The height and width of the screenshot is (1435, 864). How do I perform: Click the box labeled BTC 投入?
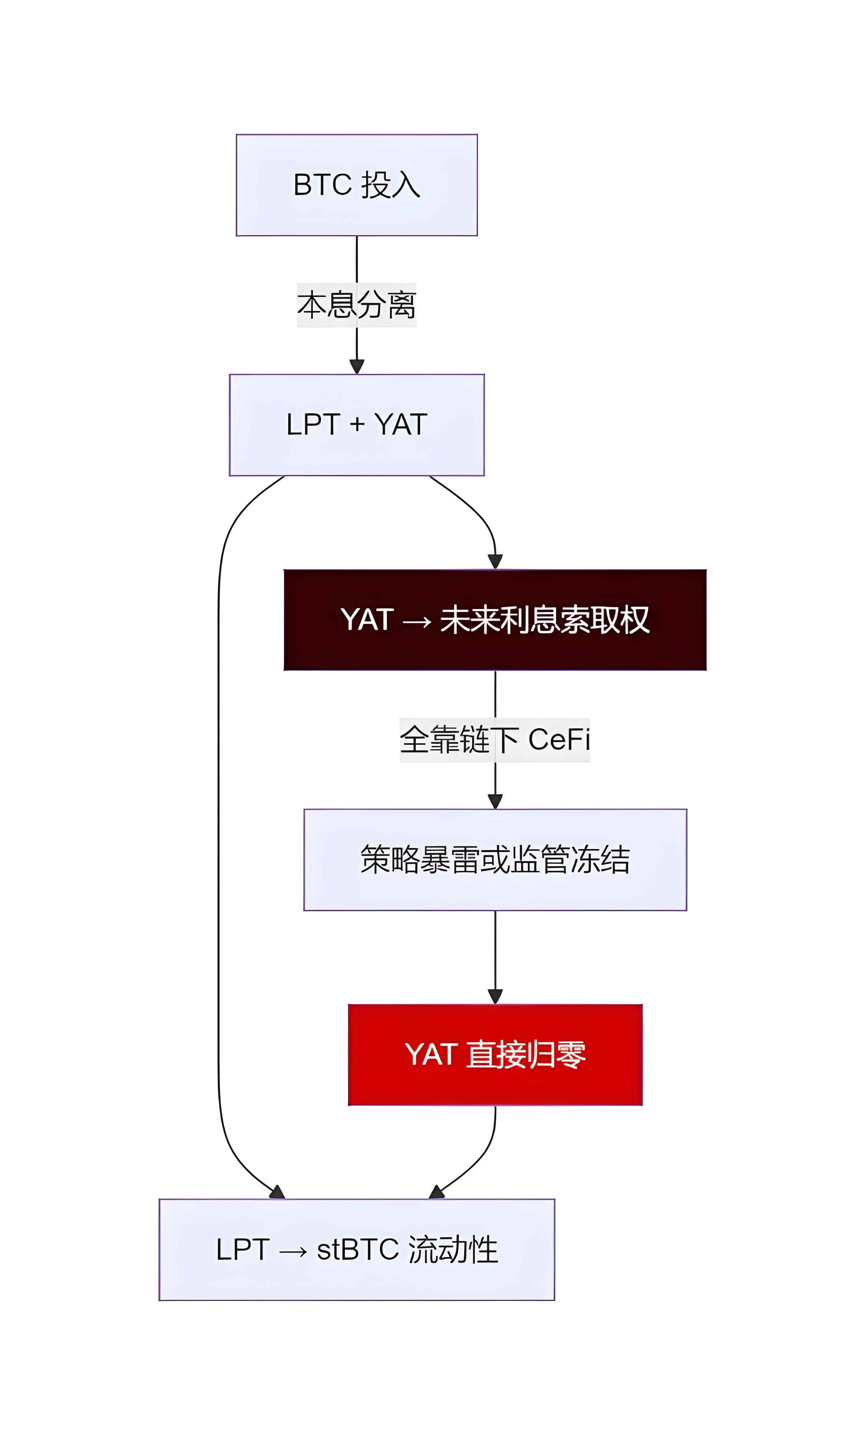(x=356, y=185)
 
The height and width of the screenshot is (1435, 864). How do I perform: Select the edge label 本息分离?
(x=356, y=305)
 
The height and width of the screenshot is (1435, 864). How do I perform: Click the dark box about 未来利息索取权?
(x=495, y=620)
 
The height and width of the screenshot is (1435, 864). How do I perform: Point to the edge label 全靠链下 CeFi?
(x=495, y=739)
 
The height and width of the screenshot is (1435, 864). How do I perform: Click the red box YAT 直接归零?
(x=495, y=1054)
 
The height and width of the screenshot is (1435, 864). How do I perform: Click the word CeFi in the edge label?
(x=559, y=739)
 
